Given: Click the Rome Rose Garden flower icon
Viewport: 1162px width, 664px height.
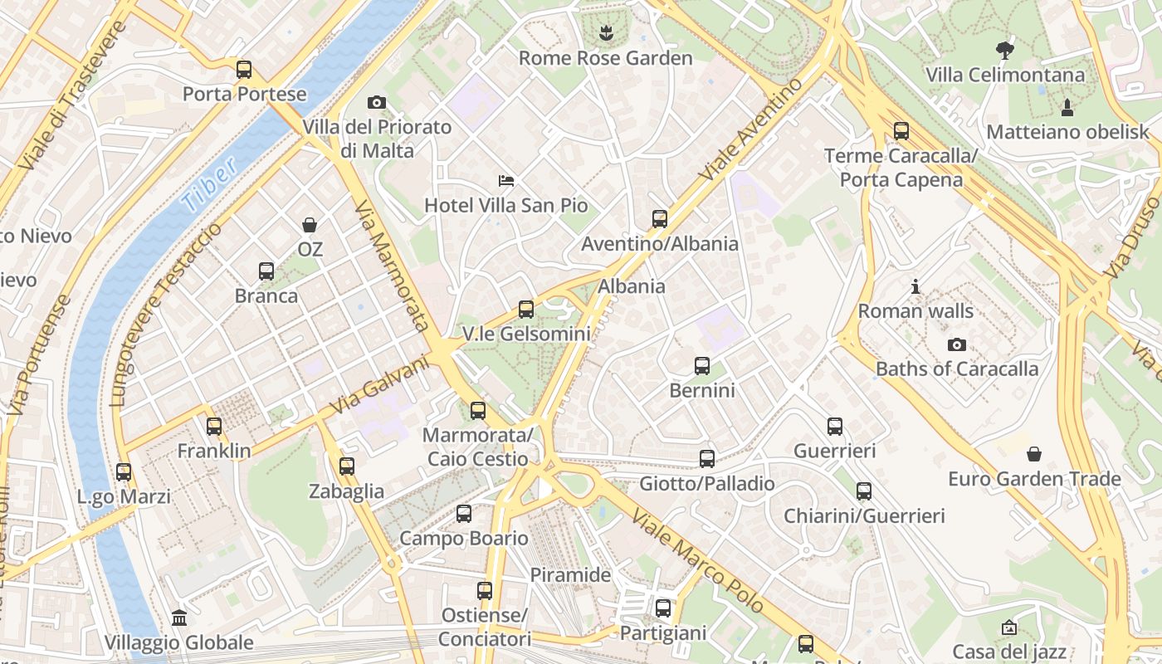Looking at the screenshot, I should click(x=605, y=33).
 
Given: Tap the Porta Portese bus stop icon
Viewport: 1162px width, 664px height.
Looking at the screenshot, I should click(x=244, y=70).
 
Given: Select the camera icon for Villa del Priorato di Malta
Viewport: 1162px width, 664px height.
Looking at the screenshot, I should click(x=377, y=103).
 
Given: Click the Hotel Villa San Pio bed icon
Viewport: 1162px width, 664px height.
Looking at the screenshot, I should click(x=506, y=180).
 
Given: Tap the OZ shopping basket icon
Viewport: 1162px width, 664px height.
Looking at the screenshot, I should click(x=310, y=225).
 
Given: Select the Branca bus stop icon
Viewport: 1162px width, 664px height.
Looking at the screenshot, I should click(x=266, y=271).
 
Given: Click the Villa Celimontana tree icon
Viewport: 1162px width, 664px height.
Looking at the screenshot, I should click(x=1005, y=50).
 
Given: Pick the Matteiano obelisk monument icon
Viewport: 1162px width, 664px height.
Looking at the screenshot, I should click(x=1067, y=107).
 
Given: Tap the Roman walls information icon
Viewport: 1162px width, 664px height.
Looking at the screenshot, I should click(x=915, y=286).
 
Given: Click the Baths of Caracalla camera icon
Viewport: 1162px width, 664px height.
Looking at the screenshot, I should click(x=957, y=344).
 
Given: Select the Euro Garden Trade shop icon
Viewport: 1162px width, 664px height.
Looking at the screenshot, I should click(x=1034, y=454).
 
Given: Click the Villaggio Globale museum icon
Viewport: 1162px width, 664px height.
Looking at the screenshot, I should click(x=179, y=618).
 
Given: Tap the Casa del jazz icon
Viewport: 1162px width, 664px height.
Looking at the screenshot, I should click(x=1008, y=627).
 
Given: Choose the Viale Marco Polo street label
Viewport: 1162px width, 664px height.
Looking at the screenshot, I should click(x=697, y=562).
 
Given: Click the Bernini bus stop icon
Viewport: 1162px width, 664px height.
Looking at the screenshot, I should click(x=702, y=366).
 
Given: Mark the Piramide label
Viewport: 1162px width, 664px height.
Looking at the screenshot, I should click(x=570, y=575).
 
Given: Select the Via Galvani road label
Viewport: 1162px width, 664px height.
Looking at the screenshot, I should click(x=379, y=386).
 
